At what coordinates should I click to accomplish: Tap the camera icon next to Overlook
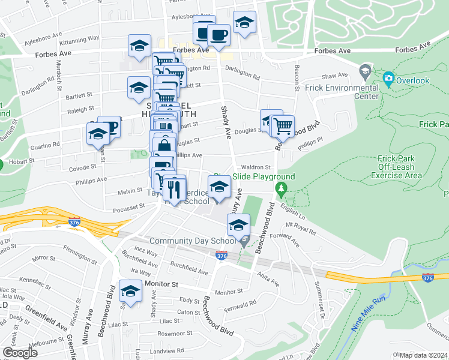pos(388,78)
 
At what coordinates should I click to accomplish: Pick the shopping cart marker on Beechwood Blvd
pos(282,126)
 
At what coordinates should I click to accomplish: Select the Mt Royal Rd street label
pos(300,229)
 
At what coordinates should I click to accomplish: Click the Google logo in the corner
pos(20,352)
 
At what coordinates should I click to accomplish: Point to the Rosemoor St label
pos(174,333)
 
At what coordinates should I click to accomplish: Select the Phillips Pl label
pos(312,143)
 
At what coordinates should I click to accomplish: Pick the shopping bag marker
pos(164,144)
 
